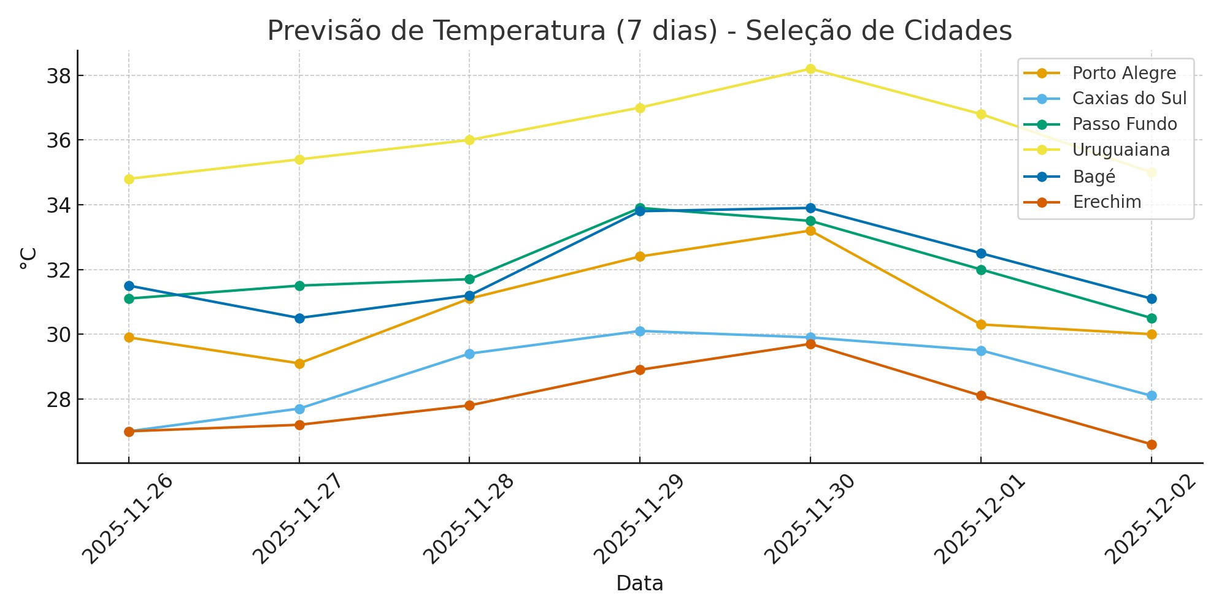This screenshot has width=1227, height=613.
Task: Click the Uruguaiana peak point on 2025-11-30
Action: (810, 69)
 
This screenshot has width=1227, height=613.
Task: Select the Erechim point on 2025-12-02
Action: (1152, 444)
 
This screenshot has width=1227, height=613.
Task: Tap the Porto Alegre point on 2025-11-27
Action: (299, 364)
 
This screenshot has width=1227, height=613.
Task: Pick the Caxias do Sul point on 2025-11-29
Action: (640, 331)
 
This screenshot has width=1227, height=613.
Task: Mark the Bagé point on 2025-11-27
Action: (299, 318)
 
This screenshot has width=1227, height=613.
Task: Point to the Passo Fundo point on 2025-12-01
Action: (981, 270)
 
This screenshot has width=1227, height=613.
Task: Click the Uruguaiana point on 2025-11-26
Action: (129, 179)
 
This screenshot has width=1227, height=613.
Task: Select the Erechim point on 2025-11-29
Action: (640, 370)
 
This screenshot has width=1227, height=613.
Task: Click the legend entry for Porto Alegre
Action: (1124, 74)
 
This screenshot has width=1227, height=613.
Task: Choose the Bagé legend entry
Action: (1094, 177)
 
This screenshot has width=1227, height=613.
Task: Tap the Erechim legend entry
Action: (1107, 202)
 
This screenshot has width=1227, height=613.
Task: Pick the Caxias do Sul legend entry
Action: (1129, 99)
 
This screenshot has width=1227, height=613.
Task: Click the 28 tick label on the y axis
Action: (59, 399)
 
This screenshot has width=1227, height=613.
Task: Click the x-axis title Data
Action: (639, 584)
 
